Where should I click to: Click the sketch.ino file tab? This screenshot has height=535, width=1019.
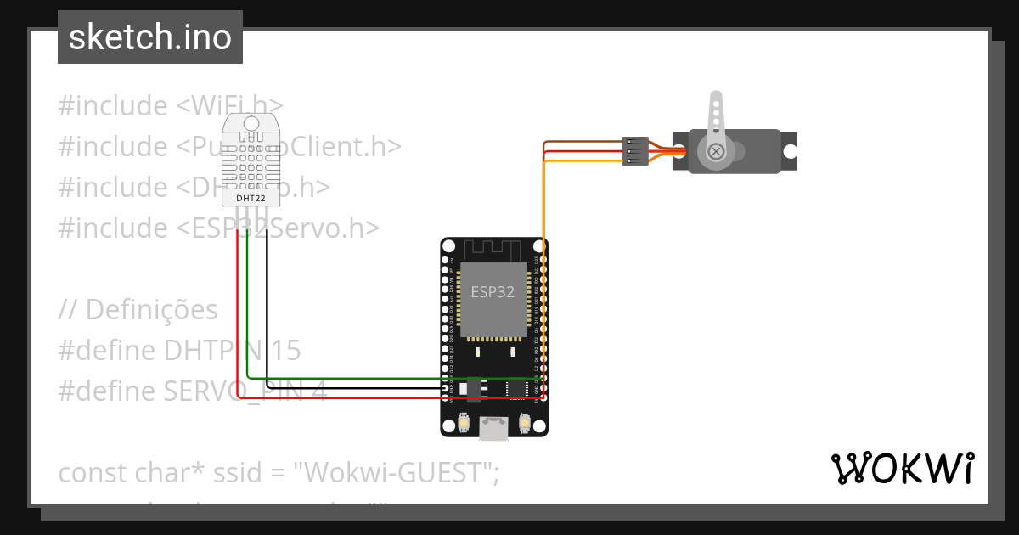[150, 37]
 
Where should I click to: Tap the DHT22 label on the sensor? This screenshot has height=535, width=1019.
[250, 198]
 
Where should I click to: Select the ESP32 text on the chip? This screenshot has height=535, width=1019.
[493, 291]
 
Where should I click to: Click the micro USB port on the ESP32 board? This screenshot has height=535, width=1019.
[493, 429]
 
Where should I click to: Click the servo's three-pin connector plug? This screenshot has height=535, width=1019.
[635, 150]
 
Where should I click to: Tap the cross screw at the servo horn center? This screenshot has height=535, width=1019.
[716, 151]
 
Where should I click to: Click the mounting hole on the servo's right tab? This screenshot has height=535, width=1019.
[790, 152]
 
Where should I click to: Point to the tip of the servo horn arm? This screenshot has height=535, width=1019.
[715, 99]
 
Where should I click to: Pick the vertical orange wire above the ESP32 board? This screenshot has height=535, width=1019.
[543, 204]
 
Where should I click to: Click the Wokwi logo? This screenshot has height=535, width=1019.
[902, 469]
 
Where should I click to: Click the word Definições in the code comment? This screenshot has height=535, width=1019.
[152, 310]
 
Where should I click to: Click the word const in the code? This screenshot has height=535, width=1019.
[93, 473]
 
